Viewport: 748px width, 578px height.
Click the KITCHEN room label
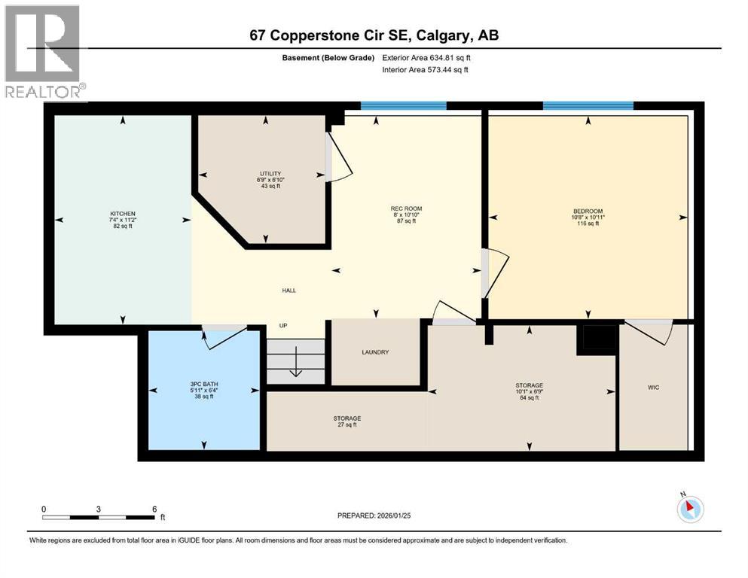(123, 213)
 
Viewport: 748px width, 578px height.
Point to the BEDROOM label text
(588, 211)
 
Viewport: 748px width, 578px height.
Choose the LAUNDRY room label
(375, 351)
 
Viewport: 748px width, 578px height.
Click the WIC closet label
(653, 388)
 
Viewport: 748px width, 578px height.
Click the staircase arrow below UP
(295, 360)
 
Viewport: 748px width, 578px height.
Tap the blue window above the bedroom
(588, 105)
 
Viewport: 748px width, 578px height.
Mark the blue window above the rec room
(403, 105)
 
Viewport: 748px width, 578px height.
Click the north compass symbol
(689, 509)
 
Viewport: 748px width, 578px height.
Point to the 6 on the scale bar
(154, 509)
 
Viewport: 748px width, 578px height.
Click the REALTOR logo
(44, 53)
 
